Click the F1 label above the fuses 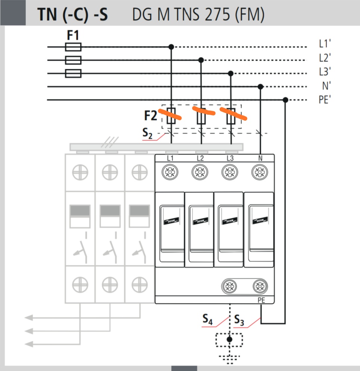(x=73, y=35)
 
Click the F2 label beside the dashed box (x=150, y=116)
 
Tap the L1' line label (x=325, y=44)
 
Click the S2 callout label (x=148, y=133)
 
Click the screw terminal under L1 (x=170, y=172)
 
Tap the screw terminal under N (x=260, y=172)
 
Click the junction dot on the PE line (x=285, y=100)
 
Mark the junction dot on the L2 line (x=201, y=60)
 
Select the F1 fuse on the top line (x=73, y=47)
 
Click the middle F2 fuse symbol (x=201, y=116)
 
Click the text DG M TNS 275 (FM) (x=198, y=15)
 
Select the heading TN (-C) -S (x=72, y=15)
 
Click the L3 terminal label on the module (x=230, y=158)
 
